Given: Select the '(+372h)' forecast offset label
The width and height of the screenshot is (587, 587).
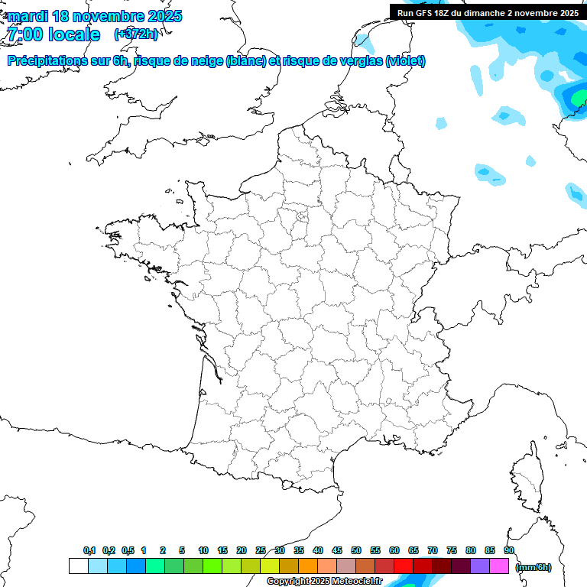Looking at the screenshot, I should coord(136,34).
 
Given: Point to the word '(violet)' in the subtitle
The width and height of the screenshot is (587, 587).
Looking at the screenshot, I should coord(405,61).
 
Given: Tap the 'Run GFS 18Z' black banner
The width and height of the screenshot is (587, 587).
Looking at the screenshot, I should coord(488,12).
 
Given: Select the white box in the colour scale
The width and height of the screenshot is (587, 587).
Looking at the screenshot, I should coord(78,566).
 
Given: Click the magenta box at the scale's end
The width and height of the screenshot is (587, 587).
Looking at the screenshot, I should coord(499,566).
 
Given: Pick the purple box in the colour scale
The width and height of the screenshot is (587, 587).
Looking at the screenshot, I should coord(480,566).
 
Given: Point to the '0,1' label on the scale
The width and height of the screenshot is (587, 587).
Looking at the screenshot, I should coord(89,551).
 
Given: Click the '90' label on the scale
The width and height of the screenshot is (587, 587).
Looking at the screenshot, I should coord(509,551).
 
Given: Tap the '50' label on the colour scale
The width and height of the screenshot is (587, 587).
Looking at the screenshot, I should coord(356,551).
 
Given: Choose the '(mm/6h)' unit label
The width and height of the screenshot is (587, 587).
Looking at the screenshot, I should coord(533,567).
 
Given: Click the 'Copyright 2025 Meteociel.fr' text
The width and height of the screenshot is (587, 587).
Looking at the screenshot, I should coord(324,582).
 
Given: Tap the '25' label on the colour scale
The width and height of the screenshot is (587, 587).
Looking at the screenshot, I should coord(261,551).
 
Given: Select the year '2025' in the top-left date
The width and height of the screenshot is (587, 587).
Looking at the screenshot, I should coord(163,16).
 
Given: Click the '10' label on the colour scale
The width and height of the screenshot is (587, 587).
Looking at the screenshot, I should coord(203,551).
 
